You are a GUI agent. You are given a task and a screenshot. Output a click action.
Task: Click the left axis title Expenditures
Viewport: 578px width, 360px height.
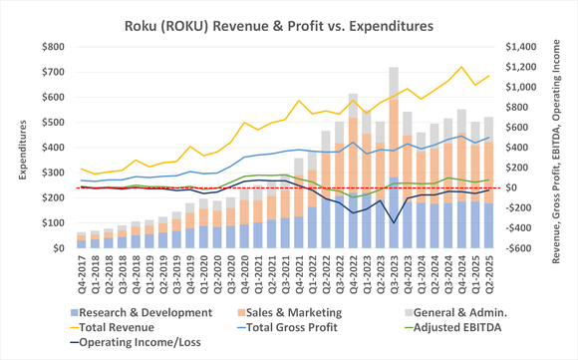tap(13, 147)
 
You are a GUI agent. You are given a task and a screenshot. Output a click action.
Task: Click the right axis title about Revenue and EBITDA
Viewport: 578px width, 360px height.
tap(563, 147)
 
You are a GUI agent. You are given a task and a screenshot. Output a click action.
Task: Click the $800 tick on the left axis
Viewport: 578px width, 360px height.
tap(54, 46)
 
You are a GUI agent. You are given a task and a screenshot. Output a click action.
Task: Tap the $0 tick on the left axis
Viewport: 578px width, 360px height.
tap(61, 248)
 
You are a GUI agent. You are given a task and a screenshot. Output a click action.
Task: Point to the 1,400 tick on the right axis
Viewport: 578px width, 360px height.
tap(524, 46)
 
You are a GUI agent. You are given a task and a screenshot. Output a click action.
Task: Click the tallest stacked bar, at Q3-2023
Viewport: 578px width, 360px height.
tap(394, 160)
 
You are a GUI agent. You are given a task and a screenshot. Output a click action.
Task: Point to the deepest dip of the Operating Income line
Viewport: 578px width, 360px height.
tap(394, 222)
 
